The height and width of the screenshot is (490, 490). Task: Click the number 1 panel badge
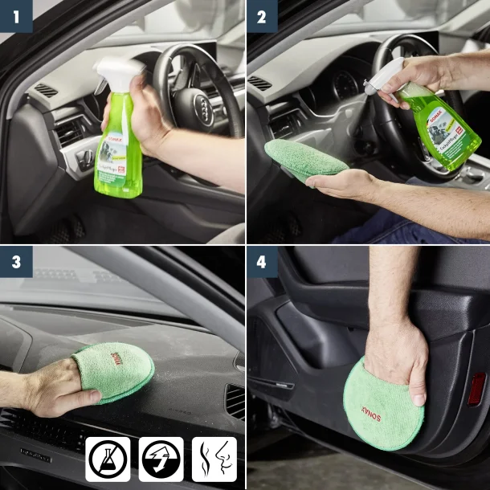tap(16, 16)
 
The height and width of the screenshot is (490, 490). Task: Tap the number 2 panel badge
tap(262, 16)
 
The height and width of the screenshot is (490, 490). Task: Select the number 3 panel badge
tap(16, 262)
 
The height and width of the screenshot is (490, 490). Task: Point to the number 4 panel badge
tap(262, 262)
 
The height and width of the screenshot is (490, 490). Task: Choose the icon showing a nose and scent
tap(214, 459)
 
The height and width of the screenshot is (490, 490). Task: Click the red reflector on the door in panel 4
tap(477, 390)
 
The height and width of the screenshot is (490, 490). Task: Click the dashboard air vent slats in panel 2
tap(260, 83)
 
